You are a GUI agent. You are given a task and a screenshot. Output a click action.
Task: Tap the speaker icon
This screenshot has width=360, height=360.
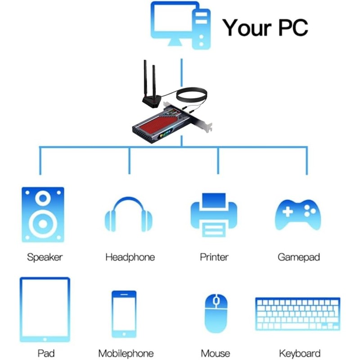coord(43,215)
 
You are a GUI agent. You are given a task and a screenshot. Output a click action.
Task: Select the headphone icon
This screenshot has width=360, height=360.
coord(129,215)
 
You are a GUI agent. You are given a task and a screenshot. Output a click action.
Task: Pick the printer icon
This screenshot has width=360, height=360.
coord(214,215)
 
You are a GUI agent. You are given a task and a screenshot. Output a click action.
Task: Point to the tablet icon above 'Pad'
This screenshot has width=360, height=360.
coord(45,309)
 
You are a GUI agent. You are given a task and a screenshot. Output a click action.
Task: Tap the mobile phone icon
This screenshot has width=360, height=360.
coord(124,314)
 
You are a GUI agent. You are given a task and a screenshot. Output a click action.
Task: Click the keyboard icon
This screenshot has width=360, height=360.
coord(297,314)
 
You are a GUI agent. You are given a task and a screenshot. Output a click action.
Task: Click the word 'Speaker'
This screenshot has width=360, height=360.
coord(45,257)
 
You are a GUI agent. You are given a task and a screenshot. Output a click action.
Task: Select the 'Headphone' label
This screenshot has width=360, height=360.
coord(130,257)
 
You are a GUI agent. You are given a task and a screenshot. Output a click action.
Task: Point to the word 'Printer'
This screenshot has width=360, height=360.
coord(214,257)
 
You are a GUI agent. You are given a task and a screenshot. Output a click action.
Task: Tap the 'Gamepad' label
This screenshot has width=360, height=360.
coord(299,257)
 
